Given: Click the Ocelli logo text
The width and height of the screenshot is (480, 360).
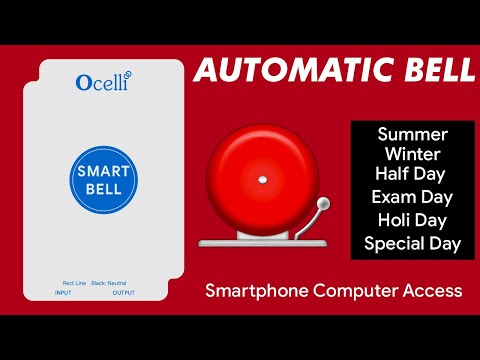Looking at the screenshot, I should click(x=104, y=82).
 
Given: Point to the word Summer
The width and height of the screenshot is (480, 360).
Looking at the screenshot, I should click(x=412, y=134).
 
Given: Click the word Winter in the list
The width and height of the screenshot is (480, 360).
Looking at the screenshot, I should click(x=412, y=153).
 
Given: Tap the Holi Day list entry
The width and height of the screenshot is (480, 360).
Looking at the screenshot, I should click(x=412, y=219).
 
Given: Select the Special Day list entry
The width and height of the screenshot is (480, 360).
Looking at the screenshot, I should click(x=412, y=243).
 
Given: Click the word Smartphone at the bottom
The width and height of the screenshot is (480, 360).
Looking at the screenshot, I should click(x=253, y=292).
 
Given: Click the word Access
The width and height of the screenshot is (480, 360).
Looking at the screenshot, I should click(x=432, y=291).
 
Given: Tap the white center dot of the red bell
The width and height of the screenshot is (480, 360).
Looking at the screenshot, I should click(x=262, y=181).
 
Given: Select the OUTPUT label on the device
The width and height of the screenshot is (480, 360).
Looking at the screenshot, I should click(x=124, y=293).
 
